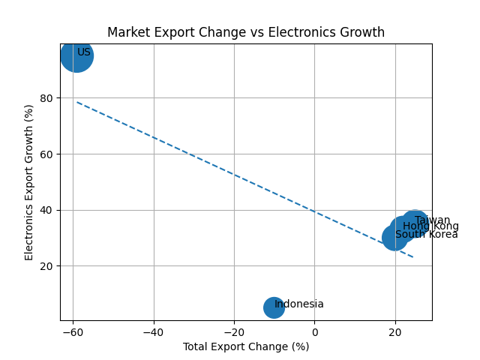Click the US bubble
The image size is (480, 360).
pyautogui.click(x=76, y=55)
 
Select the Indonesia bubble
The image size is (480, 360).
pyautogui.click(x=274, y=307)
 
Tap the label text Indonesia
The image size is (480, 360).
pyautogui.click(x=299, y=304)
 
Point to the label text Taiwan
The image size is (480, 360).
pyautogui.click(x=432, y=220)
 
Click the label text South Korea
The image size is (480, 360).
pyautogui.click(x=426, y=235)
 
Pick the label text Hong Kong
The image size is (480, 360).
pyautogui.click(x=430, y=226)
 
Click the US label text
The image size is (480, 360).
pyautogui.click(x=84, y=52)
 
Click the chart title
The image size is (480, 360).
pyautogui.click(x=246, y=32)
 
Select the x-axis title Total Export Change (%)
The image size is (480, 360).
pyautogui.click(x=246, y=346)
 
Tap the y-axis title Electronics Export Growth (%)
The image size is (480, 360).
pyautogui.click(x=30, y=182)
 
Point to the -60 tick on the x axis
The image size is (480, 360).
pyautogui.click(x=73, y=332)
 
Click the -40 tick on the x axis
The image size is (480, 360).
pyautogui.click(x=154, y=332)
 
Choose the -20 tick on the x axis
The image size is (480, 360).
pyautogui.click(x=234, y=332)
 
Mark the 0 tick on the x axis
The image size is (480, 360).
pyautogui.click(x=314, y=332)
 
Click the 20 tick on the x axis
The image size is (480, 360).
pyautogui.click(x=395, y=332)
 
